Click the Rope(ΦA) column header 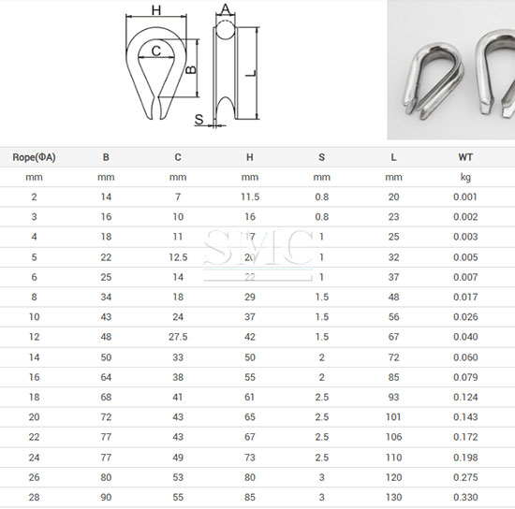click(x=34, y=156)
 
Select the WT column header click(x=464, y=156)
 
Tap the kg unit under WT click(x=464, y=176)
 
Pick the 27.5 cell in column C click(x=178, y=337)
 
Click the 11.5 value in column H click(x=250, y=196)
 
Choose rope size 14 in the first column click(x=34, y=357)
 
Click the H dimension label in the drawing click(x=156, y=10)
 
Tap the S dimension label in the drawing click(x=199, y=120)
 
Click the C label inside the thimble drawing click(x=155, y=51)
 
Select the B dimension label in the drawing click(x=190, y=69)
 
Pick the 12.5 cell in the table click(x=178, y=257)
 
